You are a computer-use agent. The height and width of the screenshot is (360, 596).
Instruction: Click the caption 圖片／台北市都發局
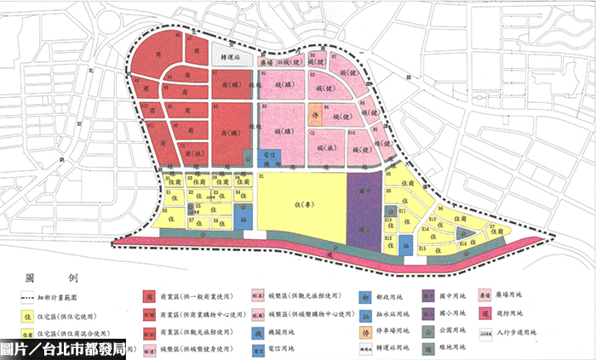pyautogui.click(x=64, y=349)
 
